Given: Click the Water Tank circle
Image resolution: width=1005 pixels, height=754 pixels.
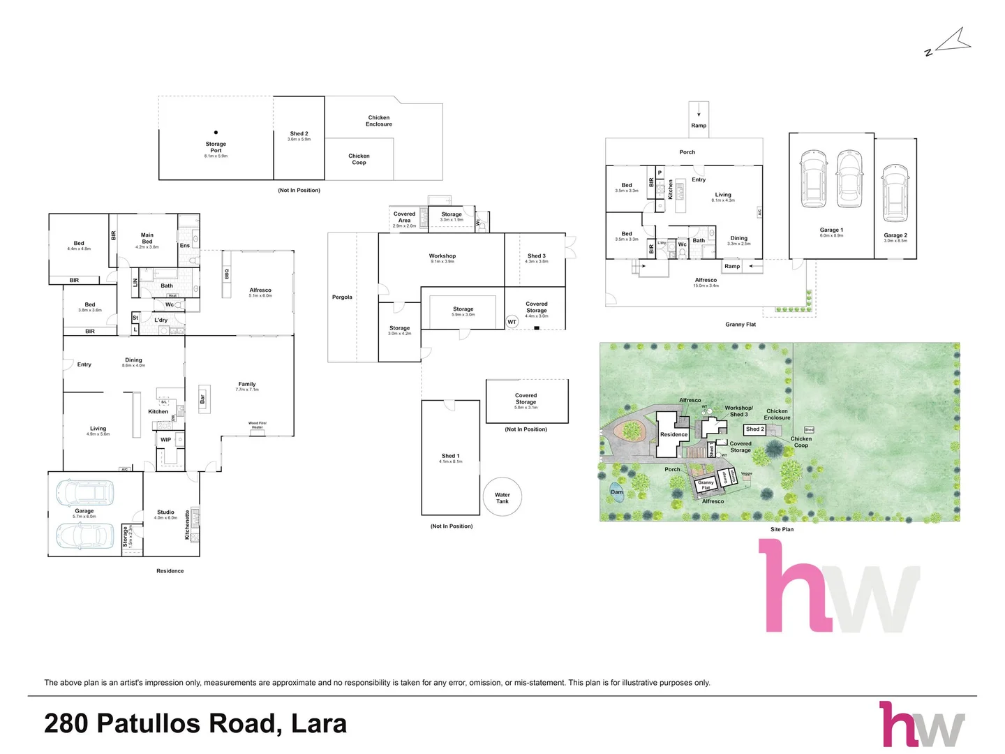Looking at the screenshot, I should (x=502, y=497).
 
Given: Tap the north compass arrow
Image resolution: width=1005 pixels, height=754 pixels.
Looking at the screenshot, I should (x=952, y=41).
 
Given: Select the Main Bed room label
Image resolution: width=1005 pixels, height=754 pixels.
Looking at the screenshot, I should (x=147, y=239).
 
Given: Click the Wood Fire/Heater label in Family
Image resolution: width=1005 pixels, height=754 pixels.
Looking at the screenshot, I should (x=257, y=425).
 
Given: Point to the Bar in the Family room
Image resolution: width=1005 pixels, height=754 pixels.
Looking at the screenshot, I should (x=204, y=399).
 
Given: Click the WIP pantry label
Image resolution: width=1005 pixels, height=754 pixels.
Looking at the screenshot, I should (x=165, y=440).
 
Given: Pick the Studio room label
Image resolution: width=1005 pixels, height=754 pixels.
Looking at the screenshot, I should (x=165, y=512).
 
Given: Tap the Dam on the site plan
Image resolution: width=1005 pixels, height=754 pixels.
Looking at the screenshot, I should (x=617, y=491).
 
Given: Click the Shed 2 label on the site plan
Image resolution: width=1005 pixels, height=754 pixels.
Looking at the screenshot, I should (x=754, y=429).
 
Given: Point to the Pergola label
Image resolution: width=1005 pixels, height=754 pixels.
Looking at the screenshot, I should (x=342, y=297).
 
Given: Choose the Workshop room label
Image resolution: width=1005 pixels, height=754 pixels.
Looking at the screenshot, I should (x=442, y=256).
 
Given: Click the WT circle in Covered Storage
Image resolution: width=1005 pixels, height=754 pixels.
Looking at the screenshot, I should (x=512, y=322).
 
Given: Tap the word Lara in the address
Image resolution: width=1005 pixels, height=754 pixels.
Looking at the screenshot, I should (x=319, y=724).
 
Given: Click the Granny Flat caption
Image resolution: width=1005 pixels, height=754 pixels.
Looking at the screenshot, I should (x=740, y=325).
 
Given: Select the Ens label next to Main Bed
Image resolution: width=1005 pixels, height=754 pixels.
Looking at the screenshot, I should (x=185, y=246).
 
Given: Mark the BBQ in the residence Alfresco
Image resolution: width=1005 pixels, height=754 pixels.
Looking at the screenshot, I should (x=227, y=274).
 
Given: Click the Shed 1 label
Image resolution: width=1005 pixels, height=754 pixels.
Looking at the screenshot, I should (x=449, y=456).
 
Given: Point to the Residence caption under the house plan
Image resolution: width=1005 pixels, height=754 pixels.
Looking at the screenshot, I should (x=170, y=571).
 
